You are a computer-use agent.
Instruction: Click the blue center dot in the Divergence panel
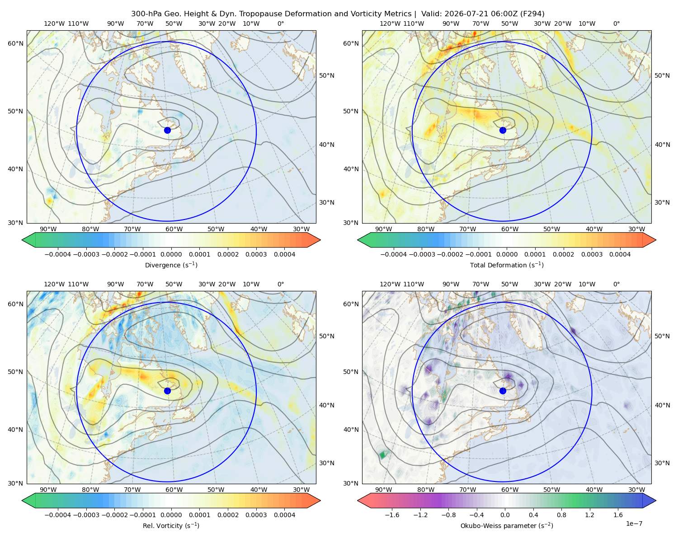pyautogui.click(x=167, y=130)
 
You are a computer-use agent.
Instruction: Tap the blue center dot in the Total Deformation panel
pyautogui.click(x=503, y=130)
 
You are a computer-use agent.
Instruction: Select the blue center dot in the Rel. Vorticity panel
pyautogui.click(x=167, y=391)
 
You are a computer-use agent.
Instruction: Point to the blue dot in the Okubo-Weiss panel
pyautogui.click(x=503, y=391)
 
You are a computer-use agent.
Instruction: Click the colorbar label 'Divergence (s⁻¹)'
pyautogui.click(x=171, y=265)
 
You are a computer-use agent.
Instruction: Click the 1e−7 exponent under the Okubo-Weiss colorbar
pyautogui.click(x=634, y=523)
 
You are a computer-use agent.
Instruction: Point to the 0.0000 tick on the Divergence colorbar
pyautogui.click(x=171, y=254)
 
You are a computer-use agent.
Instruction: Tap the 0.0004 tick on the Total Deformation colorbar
pyautogui.click(x=620, y=254)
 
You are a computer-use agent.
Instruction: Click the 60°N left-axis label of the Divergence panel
pyautogui.click(x=15, y=43)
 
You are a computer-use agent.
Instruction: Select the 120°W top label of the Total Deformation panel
pyautogui.click(x=390, y=23)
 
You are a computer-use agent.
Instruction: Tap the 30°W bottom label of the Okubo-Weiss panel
pyautogui.click(x=636, y=490)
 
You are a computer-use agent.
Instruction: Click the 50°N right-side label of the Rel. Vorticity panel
pyautogui.click(x=327, y=336)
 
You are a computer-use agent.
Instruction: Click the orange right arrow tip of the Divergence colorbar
pyautogui.click(x=320, y=240)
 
